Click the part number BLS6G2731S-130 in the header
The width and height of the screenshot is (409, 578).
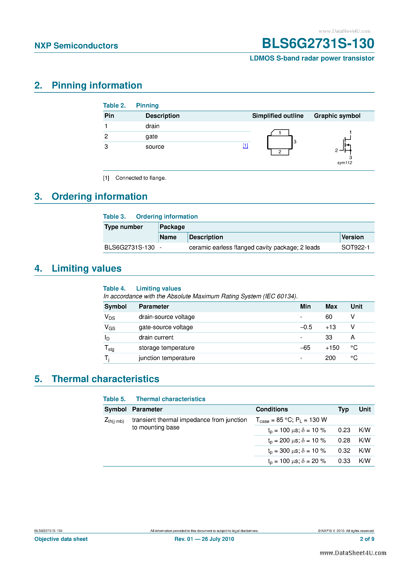click(318, 43)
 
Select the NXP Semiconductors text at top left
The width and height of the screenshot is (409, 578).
click(76, 46)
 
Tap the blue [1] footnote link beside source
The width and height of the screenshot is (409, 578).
click(245, 146)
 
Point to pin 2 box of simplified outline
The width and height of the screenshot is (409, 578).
click(280, 152)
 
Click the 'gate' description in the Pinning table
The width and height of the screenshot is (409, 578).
click(151, 136)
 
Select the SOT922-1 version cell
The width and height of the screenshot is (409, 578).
click(355, 247)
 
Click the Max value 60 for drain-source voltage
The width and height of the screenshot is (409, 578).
click(329, 317)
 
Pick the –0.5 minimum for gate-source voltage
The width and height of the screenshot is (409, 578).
click(306, 327)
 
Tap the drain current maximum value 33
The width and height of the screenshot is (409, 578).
click(329, 337)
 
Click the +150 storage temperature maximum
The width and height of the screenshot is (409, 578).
click(332, 348)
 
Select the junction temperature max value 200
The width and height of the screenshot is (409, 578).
click(330, 358)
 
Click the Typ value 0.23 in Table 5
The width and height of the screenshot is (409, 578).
click(344, 430)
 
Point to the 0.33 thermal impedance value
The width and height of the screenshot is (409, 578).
click(344, 461)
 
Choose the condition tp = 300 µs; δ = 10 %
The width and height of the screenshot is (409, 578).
click(297, 451)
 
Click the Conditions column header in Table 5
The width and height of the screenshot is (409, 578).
click(272, 409)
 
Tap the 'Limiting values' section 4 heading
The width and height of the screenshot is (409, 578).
click(86, 269)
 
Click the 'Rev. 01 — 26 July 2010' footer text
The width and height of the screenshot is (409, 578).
click(204, 539)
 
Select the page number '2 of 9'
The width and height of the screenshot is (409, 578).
click(367, 539)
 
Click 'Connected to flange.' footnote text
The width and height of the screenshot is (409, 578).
click(141, 178)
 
